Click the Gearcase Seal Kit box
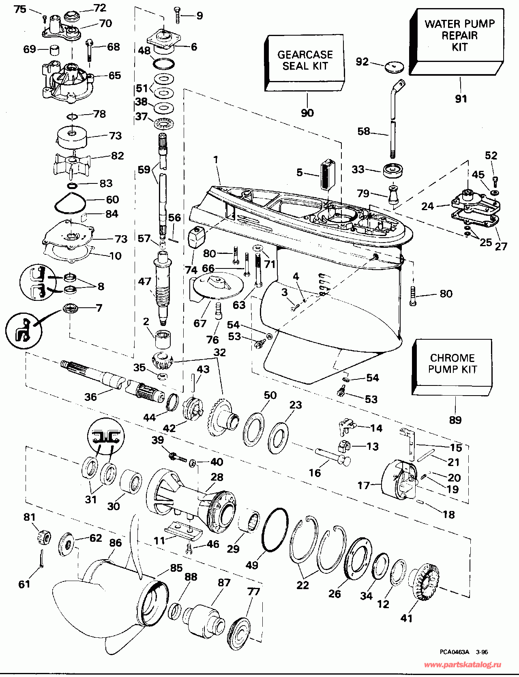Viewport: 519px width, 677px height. tap(305, 61)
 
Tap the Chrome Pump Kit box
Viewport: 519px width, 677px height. tap(452, 364)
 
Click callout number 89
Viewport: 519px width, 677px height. tap(455, 420)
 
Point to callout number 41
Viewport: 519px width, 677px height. tap(406, 618)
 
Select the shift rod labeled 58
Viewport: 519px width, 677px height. tap(392, 121)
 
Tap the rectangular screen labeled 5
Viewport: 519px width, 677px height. tap(327, 175)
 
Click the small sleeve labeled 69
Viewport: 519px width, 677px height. tap(54, 51)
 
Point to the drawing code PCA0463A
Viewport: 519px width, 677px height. tap(454, 652)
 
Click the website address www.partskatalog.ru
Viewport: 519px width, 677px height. tap(462, 664)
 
